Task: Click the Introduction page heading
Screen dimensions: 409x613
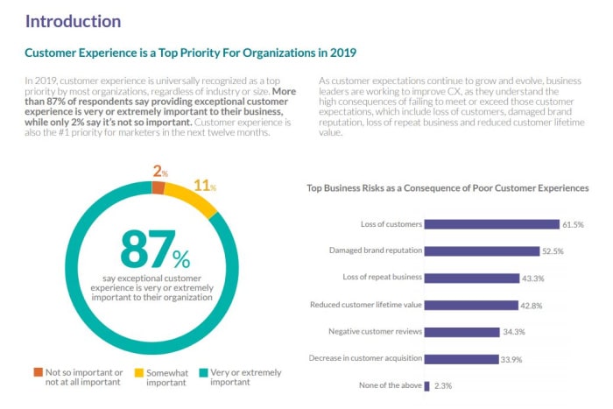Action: (x=73, y=20)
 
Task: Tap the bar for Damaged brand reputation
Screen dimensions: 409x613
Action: (x=482, y=250)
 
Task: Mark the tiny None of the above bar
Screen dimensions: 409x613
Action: (x=426, y=385)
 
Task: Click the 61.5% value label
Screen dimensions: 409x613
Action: (x=573, y=224)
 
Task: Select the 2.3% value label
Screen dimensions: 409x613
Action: (x=444, y=385)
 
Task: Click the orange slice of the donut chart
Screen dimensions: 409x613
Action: (x=158, y=187)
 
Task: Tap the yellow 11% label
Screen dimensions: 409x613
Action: (x=206, y=186)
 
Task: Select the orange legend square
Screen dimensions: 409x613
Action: (x=38, y=372)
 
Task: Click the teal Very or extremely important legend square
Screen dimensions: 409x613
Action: (x=203, y=372)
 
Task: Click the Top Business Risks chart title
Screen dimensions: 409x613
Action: (x=447, y=187)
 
